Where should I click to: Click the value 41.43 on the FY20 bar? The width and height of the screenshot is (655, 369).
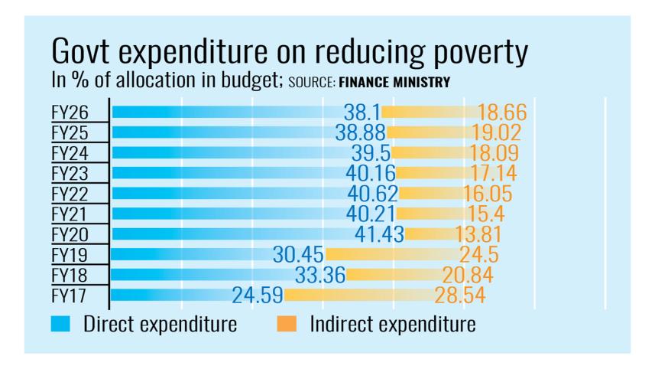(x=380, y=234)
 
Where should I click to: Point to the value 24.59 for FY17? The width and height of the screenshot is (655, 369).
(x=258, y=295)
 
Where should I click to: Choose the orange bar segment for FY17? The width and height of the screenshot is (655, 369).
(x=359, y=295)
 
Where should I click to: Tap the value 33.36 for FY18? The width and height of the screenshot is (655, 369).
(x=320, y=274)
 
